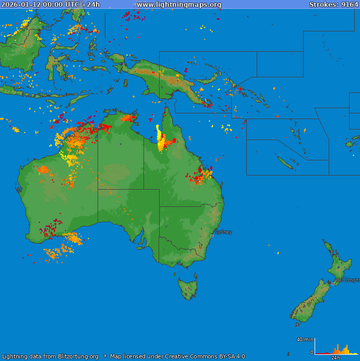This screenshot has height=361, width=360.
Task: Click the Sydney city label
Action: [223, 232]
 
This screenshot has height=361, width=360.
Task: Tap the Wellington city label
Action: [347, 280]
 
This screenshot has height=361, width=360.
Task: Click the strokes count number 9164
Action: [350, 5]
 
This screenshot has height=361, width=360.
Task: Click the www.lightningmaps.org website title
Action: [179, 5]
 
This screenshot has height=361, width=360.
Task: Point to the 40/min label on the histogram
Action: [305, 340]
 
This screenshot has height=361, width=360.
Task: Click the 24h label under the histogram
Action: [335, 358]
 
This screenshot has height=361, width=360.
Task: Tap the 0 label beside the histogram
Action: [312, 353]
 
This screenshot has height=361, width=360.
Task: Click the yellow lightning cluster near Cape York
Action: [159, 137]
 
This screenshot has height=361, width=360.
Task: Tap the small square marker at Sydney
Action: [212, 236]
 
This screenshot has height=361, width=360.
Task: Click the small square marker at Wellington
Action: [333, 284]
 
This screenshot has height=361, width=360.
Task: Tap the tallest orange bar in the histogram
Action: [338, 349]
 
